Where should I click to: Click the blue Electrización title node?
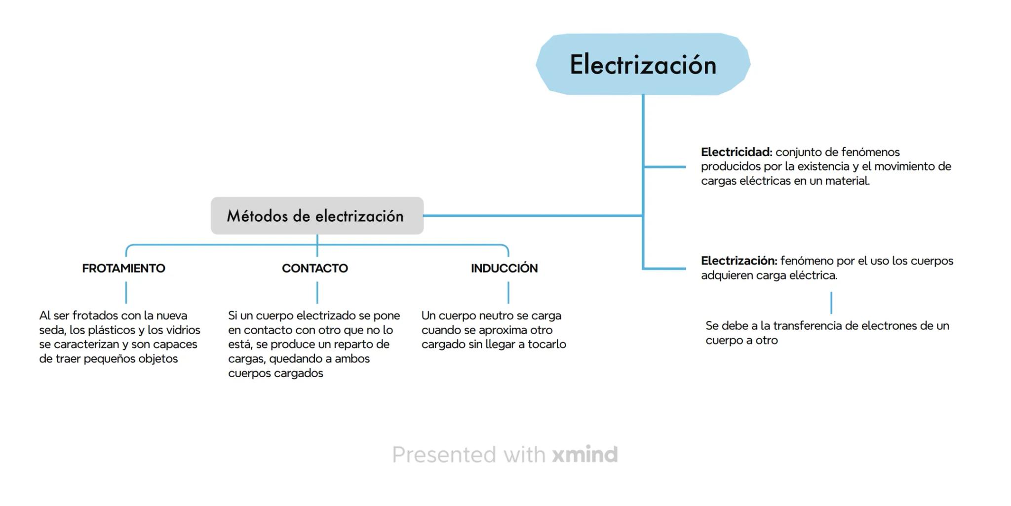coord(643,64)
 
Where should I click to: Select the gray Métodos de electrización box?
coord(316,216)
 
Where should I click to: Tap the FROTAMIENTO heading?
coord(123,268)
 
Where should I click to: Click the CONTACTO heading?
coord(315,268)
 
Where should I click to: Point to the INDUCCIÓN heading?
coord(504,268)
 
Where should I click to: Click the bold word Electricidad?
coord(736,152)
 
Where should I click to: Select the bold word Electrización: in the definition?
coord(739,261)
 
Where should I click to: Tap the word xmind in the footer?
coord(584,454)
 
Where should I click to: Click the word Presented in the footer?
coord(444,454)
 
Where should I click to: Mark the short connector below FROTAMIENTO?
coord(126,292)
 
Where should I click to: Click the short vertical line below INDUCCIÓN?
coord(508,292)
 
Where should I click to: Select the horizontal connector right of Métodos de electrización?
coord(533,216)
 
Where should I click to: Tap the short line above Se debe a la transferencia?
coord(831,303)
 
